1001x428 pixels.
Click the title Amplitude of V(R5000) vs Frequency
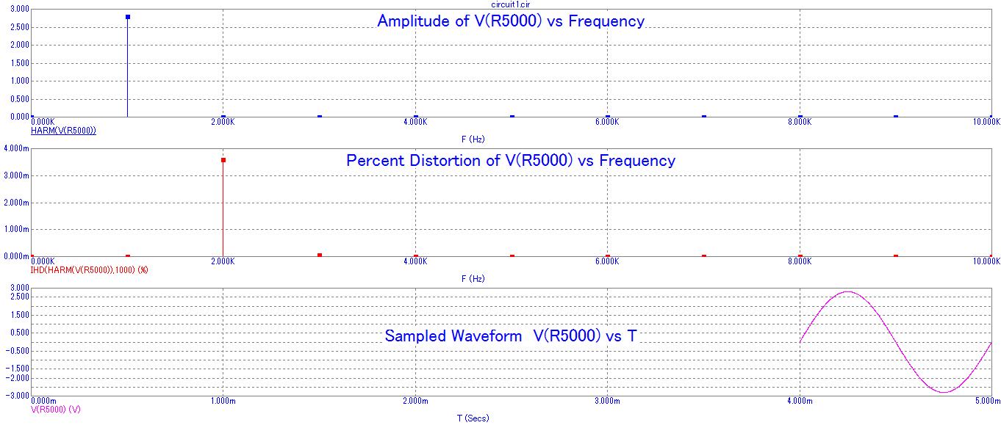click(511, 21)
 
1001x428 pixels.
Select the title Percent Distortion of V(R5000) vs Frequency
click(511, 160)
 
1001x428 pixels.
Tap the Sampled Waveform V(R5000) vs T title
click(511, 336)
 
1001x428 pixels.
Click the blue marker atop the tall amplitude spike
click(128, 17)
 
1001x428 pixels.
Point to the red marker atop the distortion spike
click(223, 160)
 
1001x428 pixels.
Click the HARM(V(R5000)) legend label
click(63, 131)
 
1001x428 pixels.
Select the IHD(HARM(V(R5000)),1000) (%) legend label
click(89, 270)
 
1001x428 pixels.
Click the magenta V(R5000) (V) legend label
click(55, 409)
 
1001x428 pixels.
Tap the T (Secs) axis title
click(473, 418)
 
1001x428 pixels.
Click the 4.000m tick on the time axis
click(800, 401)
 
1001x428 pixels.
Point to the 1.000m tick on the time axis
click(223, 401)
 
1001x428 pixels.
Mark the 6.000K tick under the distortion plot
click(607, 262)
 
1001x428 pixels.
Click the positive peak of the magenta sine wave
click(847, 291)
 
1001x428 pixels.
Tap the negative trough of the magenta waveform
click(943, 392)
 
